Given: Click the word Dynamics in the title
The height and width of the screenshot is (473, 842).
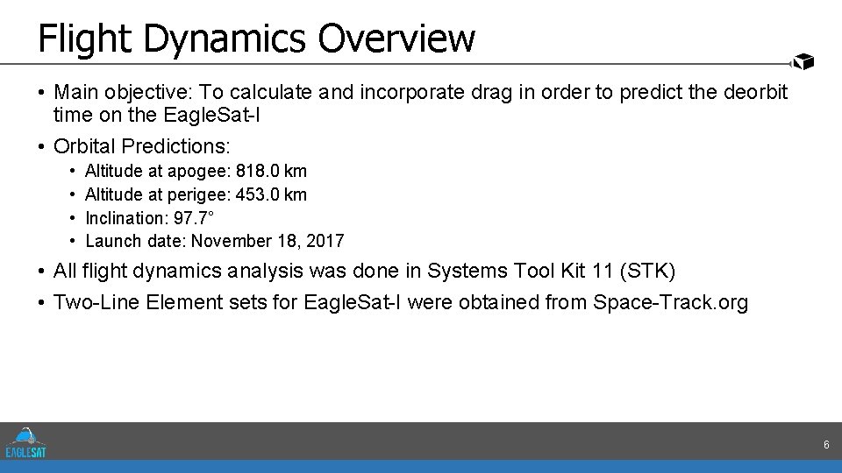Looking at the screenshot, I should pyautogui.click(x=224, y=39).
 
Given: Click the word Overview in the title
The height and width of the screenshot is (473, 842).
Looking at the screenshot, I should pyautogui.click(x=396, y=39).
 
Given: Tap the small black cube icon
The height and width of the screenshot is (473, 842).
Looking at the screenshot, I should pyautogui.click(x=803, y=61).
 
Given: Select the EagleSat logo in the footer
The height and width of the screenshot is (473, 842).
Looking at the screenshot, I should pyautogui.click(x=25, y=441).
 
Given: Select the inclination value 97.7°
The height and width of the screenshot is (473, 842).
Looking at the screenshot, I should pyautogui.click(x=193, y=217).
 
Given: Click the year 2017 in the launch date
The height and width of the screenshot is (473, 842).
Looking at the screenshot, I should pyautogui.click(x=325, y=241).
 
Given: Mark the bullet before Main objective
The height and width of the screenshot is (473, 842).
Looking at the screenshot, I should pyautogui.click(x=42, y=92).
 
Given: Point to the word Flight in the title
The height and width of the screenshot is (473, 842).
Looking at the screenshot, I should pyautogui.click(x=84, y=39).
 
